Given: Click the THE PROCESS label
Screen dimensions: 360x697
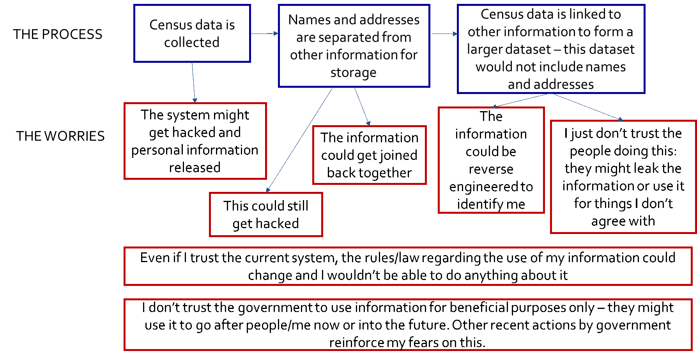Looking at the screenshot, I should tap(58, 34).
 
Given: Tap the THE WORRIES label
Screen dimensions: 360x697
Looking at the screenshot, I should tap(60, 136).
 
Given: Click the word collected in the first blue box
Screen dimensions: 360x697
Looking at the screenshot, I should tap(191, 42).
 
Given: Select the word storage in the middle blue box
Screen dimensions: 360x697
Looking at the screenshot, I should tap(353, 73).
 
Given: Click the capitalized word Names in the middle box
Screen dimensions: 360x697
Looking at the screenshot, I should tap(305, 20).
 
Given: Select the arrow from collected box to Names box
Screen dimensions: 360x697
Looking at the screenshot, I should tap(264, 34).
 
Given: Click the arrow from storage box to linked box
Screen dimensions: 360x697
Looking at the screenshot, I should tap(444, 34).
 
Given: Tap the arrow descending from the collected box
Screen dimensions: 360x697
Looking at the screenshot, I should tap(193, 82).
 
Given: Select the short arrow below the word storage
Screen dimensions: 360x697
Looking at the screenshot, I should tap(362, 106).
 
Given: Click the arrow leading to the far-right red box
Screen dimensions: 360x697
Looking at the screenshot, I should tap(587, 106).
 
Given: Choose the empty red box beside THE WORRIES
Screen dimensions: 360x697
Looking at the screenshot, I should tap(195, 141).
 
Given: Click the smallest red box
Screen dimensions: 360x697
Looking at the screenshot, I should tap(266, 215).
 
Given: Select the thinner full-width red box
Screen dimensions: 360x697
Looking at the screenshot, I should tap(408, 266).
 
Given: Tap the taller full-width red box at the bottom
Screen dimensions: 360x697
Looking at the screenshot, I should tap(408, 325).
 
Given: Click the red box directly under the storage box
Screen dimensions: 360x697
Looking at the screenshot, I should tap(369, 155).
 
